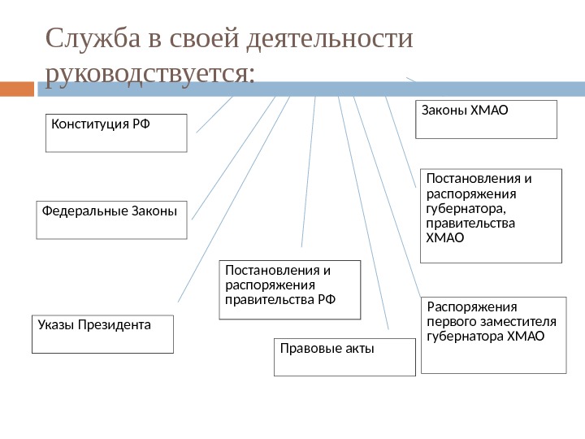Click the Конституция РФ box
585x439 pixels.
pos(116,133)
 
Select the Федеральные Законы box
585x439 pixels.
pos(111,219)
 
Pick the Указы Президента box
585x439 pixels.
pos(102,334)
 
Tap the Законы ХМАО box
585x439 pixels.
pos(486,120)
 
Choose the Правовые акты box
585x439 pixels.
pos(344,357)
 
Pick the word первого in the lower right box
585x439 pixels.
pos(449,321)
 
